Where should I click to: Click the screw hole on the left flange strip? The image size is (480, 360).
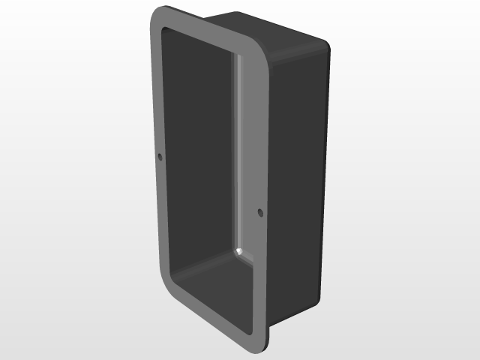click(x=160, y=157)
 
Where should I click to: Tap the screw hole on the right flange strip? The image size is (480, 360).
click(x=260, y=213)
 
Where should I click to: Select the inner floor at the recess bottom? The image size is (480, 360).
click(x=214, y=277)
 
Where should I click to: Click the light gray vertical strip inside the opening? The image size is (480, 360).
click(x=239, y=150)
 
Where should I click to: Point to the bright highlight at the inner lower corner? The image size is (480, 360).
click(x=240, y=250)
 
